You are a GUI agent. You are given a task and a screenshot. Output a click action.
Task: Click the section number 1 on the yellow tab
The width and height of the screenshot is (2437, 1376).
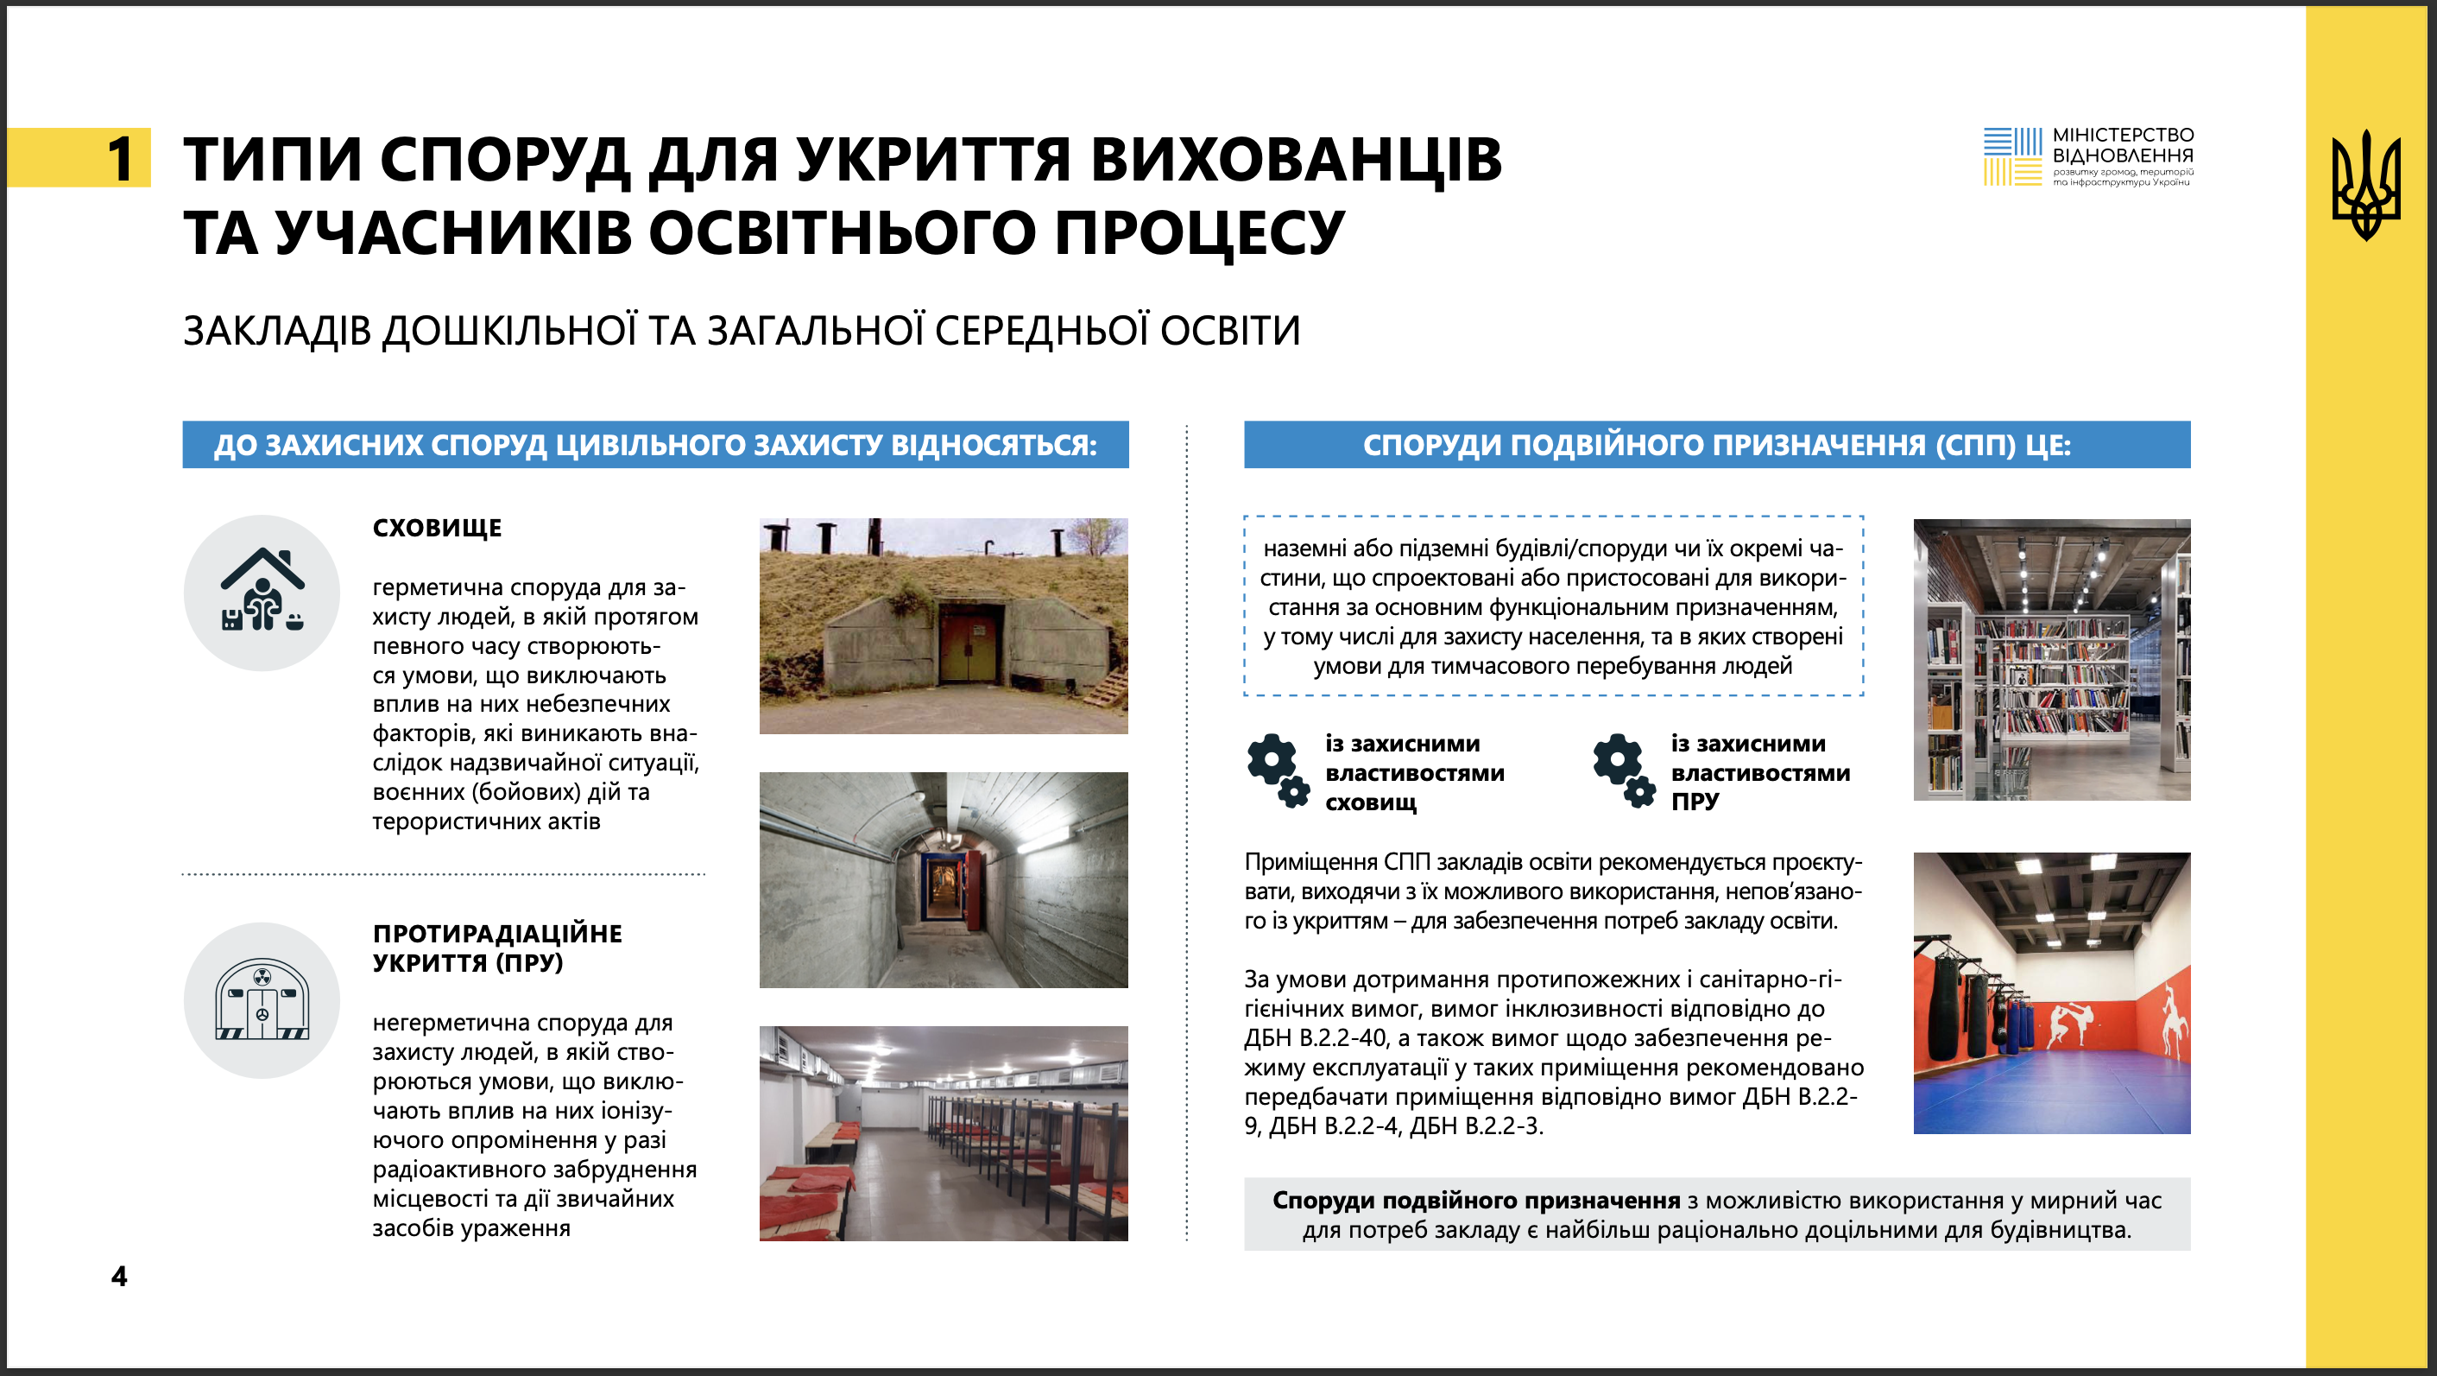tap(120, 158)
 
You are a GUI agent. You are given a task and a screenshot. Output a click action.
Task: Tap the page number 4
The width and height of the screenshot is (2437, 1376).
tap(119, 1276)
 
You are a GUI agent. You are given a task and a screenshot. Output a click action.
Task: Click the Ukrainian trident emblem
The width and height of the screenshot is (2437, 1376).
tap(2365, 185)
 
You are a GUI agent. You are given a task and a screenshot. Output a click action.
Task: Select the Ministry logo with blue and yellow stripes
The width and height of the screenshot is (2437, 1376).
tap(2012, 156)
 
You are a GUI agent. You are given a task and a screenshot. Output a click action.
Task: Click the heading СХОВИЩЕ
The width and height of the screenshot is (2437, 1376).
tap(437, 528)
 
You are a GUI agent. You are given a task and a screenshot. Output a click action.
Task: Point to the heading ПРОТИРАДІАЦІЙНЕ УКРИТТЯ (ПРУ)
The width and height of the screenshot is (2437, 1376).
tap(496, 948)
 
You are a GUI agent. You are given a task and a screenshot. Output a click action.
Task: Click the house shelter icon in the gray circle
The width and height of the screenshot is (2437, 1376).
tap(262, 593)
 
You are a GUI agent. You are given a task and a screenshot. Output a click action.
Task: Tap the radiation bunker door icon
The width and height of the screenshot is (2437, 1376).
tap(262, 1001)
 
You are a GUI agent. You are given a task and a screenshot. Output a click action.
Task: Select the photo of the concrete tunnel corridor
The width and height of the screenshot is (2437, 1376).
tap(944, 880)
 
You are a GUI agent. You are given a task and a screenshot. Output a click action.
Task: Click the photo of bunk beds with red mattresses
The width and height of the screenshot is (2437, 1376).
tap(944, 1134)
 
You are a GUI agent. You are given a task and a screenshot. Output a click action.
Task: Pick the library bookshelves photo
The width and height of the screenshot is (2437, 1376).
tap(2051, 660)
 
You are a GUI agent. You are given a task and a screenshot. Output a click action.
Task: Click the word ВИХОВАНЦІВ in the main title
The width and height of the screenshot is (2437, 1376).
tap(1295, 159)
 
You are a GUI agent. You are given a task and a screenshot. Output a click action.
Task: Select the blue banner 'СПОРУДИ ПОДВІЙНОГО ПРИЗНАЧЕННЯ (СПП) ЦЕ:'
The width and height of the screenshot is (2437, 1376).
tap(1716, 445)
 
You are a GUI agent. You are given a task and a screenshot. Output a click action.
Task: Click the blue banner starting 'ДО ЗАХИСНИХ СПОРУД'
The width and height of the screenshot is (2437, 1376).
tap(654, 445)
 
